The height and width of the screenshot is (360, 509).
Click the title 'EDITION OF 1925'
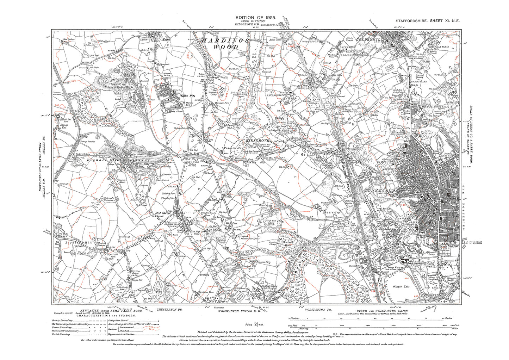point(255,17)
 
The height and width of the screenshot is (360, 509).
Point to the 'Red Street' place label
point(163,213)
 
